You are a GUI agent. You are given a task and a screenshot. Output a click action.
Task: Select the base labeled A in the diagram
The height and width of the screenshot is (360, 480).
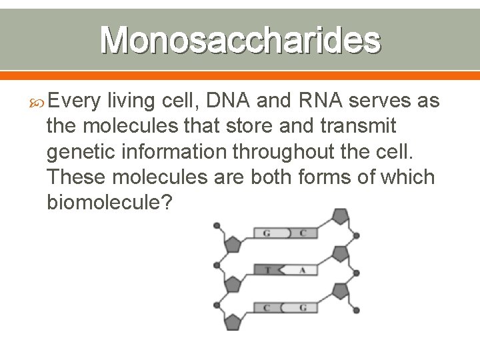[x=302, y=271]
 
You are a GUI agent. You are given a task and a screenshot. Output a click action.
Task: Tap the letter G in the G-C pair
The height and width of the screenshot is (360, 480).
[x=267, y=233]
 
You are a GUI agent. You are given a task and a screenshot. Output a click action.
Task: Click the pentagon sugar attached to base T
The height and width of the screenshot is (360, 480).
[x=233, y=283]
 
